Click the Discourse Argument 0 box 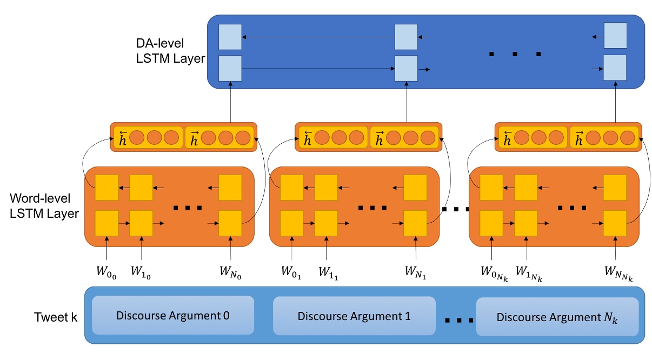click(x=172, y=315)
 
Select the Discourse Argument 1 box click(x=354, y=316)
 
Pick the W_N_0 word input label click(x=231, y=269)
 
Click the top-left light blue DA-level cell click(x=230, y=37)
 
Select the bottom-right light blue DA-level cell click(x=615, y=68)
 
